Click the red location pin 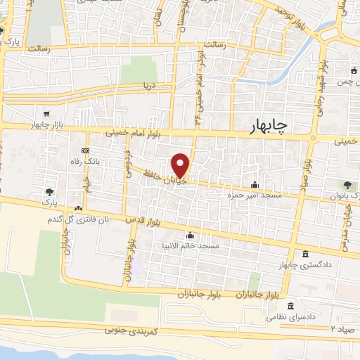tap(181, 165)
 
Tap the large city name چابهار tap(278, 126)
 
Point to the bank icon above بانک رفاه tap(85, 150)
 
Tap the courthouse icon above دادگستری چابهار tap(304, 253)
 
